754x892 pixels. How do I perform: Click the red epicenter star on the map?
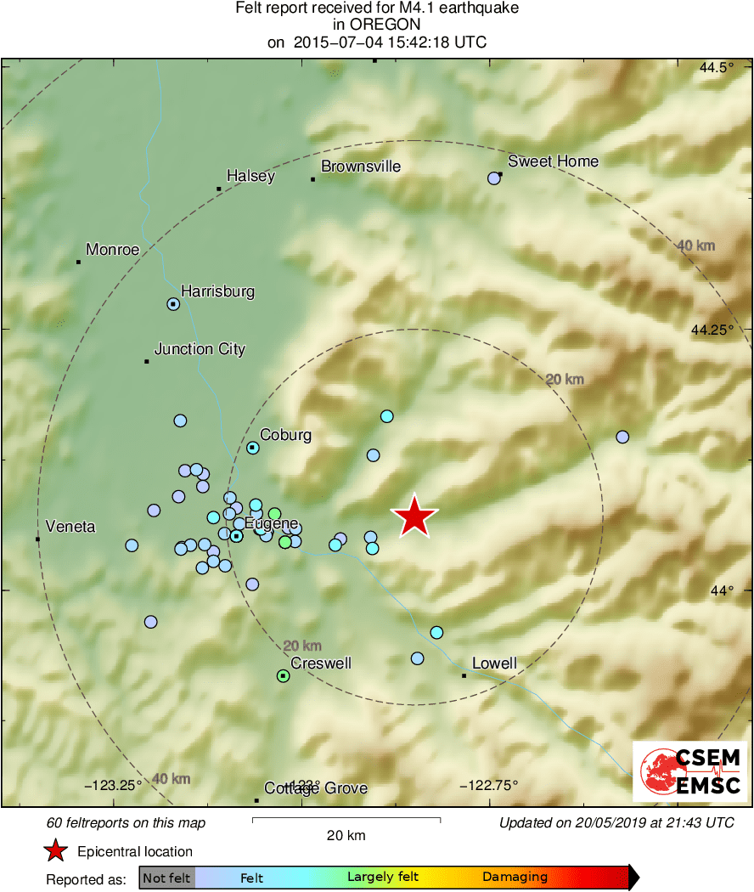click(x=414, y=517)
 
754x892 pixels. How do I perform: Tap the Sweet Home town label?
click(x=553, y=161)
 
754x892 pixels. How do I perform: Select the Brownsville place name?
click(x=360, y=167)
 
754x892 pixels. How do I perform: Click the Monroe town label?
click(x=113, y=250)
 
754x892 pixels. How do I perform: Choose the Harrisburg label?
click(x=218, y=291)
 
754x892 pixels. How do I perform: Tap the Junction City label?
click(x=200, y=349)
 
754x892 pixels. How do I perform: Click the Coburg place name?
click(x=285, y=435)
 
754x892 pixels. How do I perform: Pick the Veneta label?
click(x=71, y=527)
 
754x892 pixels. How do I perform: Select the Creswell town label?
click(x=321, y=663)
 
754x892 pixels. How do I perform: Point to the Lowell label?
click(x=494, y=663)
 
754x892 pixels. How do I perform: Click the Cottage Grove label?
click(x=316, y=788)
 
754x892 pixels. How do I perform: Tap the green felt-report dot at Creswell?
click(x=283, y=676)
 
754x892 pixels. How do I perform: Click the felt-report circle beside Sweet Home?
click(x=493, y=178)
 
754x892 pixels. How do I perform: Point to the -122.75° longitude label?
click(x=488, y=785)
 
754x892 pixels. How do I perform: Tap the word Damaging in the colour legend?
click(x=515, y=877)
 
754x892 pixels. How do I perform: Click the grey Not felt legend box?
click(x=166, y=878)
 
